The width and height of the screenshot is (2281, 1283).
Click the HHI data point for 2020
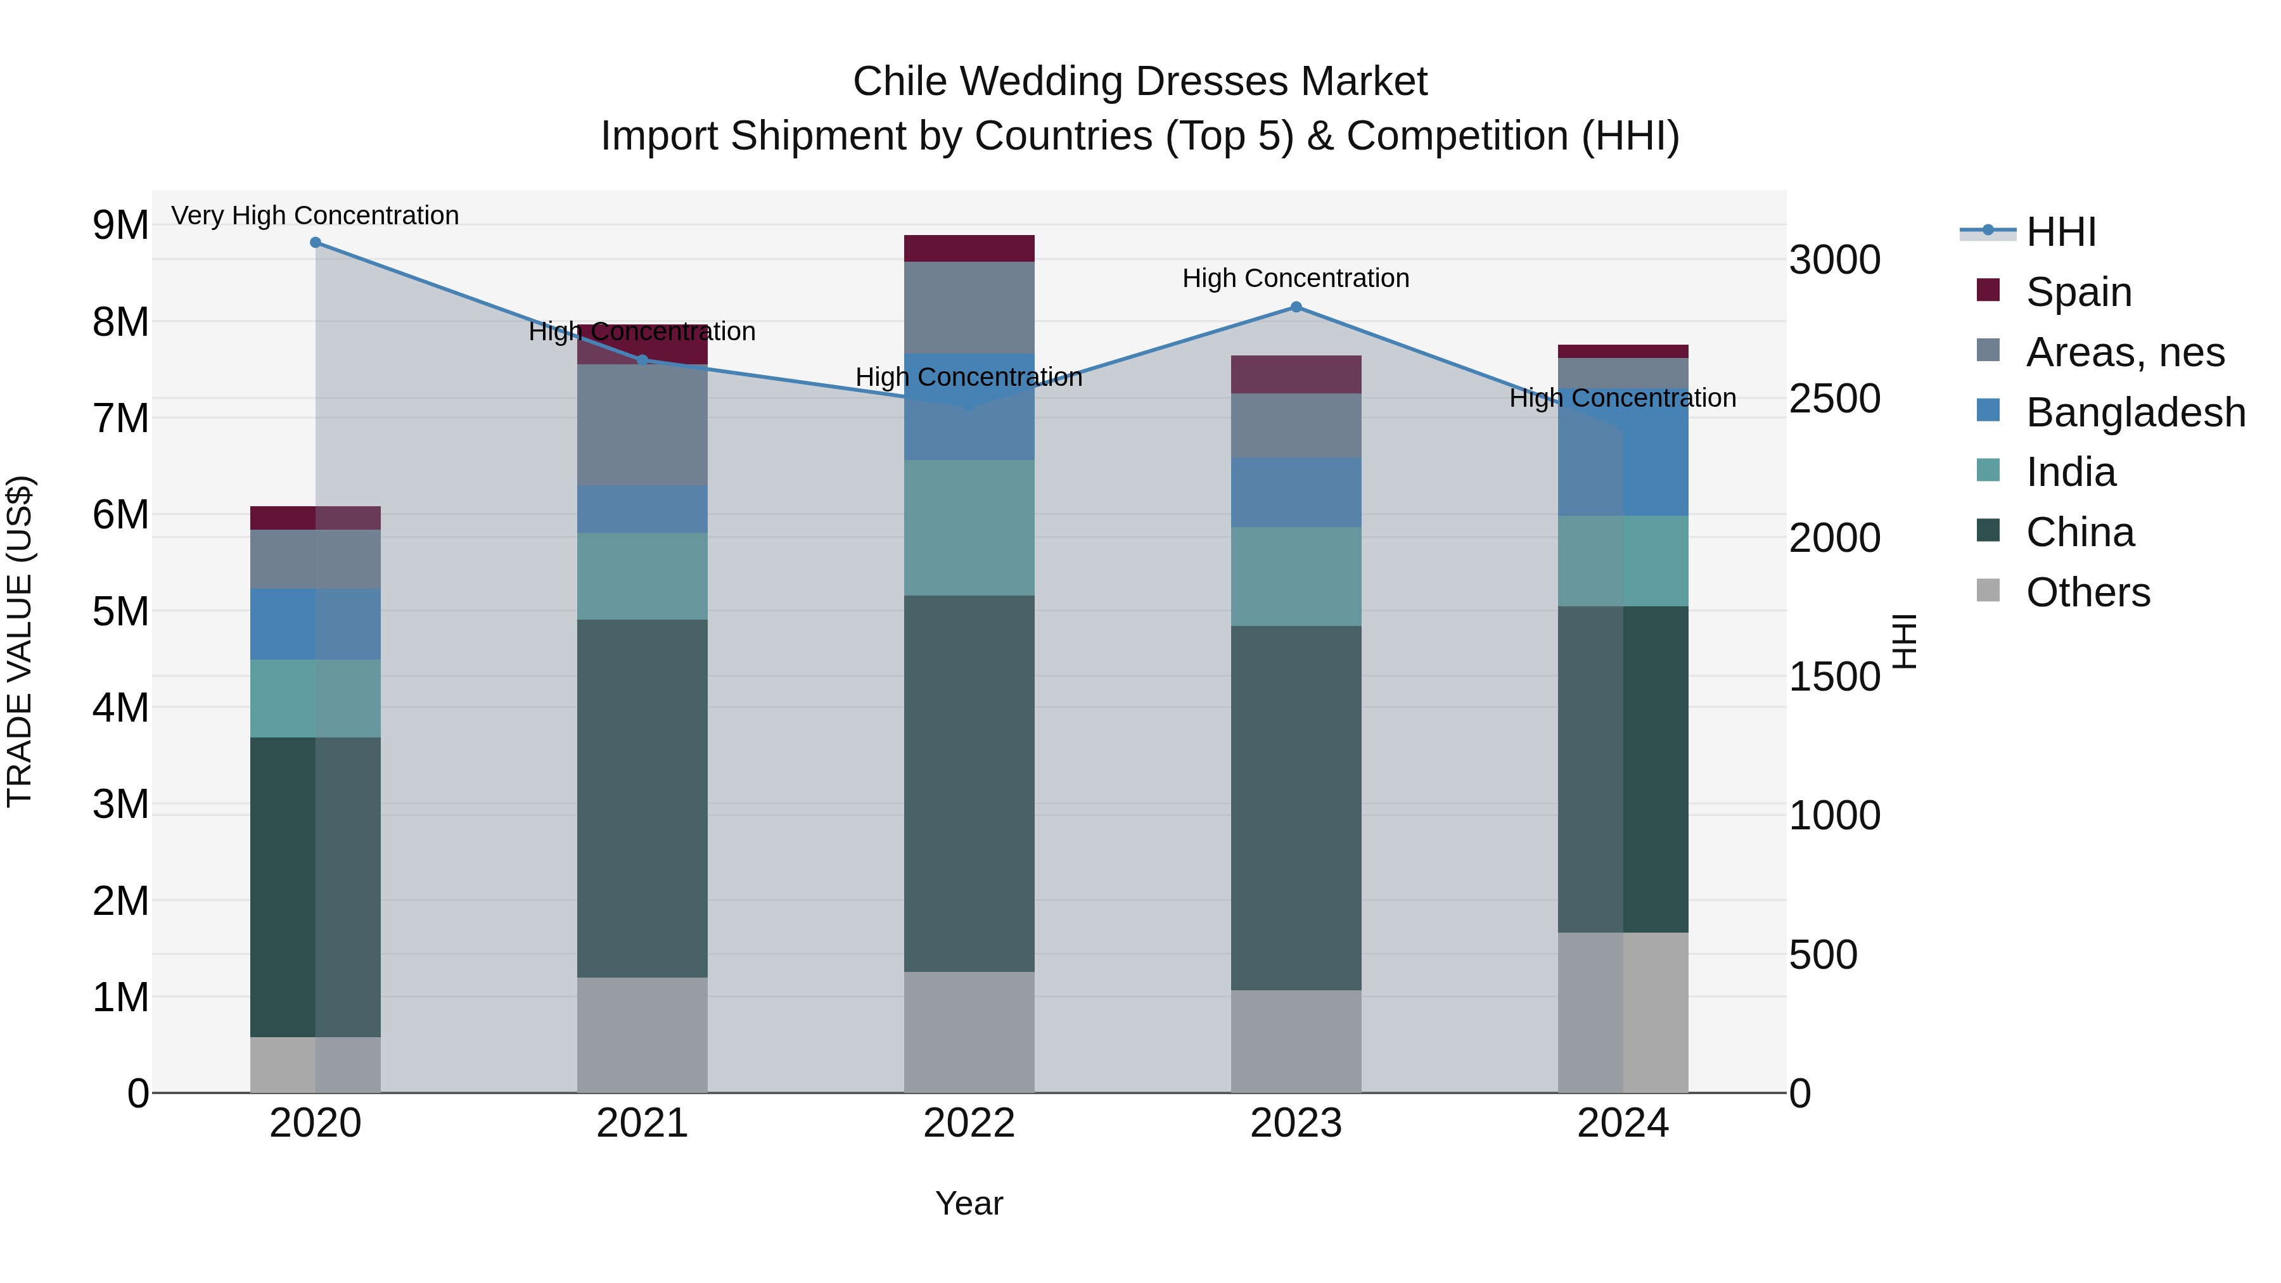[x=316, y=243]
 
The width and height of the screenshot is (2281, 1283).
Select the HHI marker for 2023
[x=1296, y=307]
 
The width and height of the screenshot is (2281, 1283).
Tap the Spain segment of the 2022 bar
[x=969, y=249]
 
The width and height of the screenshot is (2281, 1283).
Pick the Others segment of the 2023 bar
[x=1296, y=1040]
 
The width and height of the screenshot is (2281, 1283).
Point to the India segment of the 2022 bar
[x=969, y=528]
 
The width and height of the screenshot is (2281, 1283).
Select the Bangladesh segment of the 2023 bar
[x=1296, y=492]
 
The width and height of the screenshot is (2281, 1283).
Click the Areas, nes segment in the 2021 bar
[x=642, y=425]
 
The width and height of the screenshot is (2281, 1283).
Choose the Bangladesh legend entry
[x=2134, y=412]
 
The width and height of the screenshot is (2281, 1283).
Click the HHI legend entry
[x=2060, y=232]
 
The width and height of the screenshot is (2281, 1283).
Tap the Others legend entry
[x=2087, y=592]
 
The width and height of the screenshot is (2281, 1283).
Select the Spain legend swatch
[x=1988, y=290]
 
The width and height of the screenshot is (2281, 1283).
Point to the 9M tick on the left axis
[x=121, y=225]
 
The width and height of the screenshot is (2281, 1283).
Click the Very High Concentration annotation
[x=316, y=215]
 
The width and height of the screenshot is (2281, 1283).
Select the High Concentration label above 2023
[x=1296, y=278]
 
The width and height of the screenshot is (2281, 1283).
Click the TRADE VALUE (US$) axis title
[x=20, y=641]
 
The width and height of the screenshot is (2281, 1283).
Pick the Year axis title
[x=969, y=1203]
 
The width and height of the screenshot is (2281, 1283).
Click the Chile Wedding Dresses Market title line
[x=1140, y=82]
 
